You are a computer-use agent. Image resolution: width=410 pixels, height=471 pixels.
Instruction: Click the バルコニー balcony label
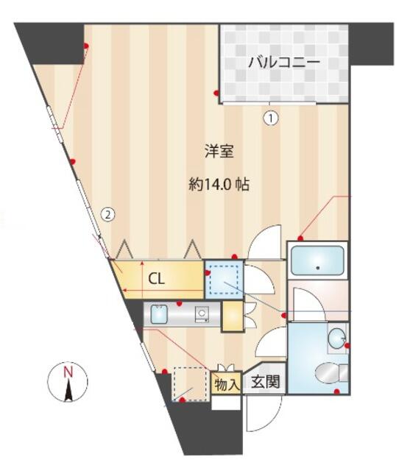[x=284, y=63]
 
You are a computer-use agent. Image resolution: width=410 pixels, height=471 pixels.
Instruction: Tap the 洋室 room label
[x=219, y=151]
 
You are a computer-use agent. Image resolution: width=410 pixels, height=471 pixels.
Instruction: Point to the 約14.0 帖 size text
[x=219, y=185]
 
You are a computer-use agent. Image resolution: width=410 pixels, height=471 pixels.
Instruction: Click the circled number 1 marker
[x=271, y=118]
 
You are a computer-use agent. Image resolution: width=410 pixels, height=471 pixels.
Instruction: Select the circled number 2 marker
[x=108, y=214]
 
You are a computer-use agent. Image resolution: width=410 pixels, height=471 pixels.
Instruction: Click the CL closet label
[x=157, y=279]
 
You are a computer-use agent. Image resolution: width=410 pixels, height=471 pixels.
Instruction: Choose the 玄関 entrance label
[x=266, y=382]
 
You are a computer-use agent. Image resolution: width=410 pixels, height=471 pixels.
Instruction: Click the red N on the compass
[x=68, y=372]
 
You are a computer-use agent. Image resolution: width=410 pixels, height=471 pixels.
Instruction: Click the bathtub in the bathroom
[x=317, y=261]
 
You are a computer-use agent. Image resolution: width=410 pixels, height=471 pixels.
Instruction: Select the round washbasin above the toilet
[x=336, y=339]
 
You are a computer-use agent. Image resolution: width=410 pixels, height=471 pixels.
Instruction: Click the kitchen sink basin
[x=159, y=314]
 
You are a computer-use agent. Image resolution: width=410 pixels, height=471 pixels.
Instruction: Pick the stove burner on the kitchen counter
[x=202, y=314]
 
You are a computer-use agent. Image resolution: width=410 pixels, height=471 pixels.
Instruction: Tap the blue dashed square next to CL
[x=224, y=280]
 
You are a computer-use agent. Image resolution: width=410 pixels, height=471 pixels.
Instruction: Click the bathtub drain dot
[x=318, y=268]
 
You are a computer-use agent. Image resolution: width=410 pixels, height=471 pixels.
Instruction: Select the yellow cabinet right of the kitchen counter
[x=233, y=316]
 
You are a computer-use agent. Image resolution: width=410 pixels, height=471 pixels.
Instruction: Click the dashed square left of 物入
[x=191, y=383]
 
